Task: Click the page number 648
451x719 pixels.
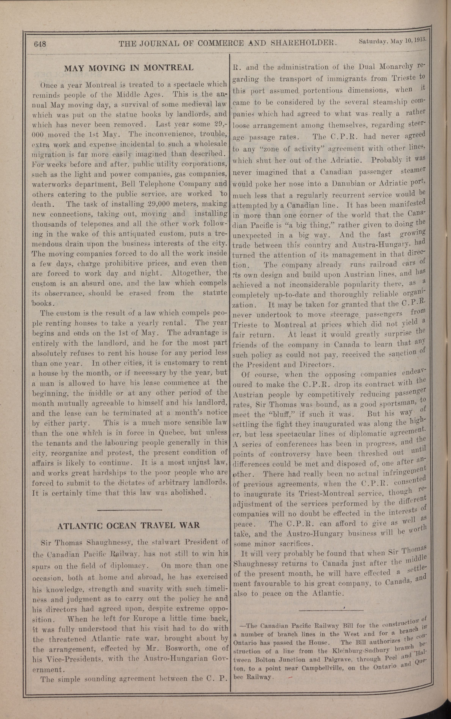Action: tap(40, 44)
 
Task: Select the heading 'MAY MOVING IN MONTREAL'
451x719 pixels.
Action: tap(129, 68)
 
